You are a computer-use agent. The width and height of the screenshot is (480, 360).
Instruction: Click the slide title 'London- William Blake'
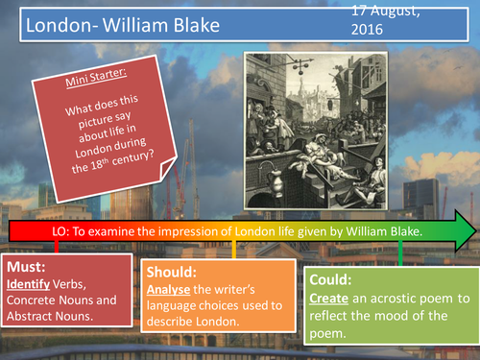(x=108, y=26)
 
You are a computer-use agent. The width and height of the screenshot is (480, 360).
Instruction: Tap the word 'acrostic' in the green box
(x=400, y=299)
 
